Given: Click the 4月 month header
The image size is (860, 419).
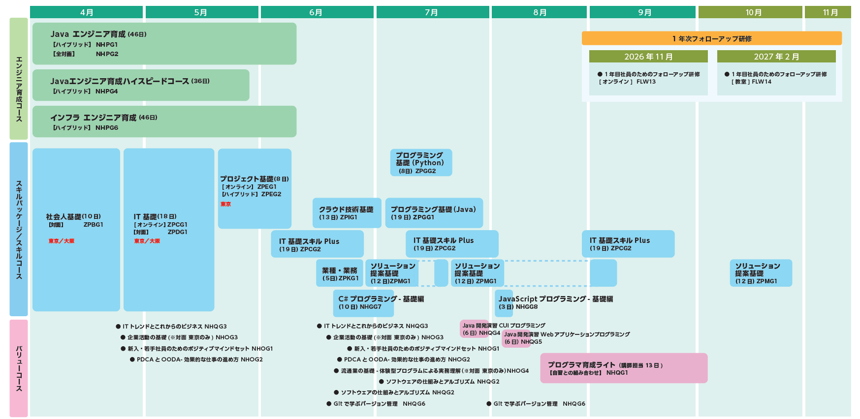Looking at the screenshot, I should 86,12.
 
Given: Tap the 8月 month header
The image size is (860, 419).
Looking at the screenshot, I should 539,12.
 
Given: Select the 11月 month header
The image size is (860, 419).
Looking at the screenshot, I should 830,12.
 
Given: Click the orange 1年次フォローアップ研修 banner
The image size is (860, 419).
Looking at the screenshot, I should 711,38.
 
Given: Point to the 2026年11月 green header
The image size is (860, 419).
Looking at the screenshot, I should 648,57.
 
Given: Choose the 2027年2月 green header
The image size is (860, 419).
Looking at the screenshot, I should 776,57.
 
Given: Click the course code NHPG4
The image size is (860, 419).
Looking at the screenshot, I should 107,91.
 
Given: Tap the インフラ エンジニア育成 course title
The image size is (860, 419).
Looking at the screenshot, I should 93,118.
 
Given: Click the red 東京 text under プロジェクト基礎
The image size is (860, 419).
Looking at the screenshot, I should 225,204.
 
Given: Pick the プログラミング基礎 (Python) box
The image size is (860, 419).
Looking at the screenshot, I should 421,163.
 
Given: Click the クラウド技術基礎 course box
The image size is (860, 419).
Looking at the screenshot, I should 347,213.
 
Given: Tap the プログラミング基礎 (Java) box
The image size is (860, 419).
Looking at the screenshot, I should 434,213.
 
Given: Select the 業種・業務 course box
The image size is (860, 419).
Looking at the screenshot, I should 340,273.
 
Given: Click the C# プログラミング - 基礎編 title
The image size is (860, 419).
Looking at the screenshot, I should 381,299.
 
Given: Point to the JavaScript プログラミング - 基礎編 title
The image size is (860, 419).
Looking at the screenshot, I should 555,299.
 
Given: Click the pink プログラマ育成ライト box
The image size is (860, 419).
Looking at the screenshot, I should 623,368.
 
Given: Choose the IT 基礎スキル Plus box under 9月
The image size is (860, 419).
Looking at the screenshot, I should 628,244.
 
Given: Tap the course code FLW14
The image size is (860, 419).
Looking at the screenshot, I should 762,82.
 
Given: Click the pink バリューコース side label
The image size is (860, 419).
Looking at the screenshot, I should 19,368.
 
